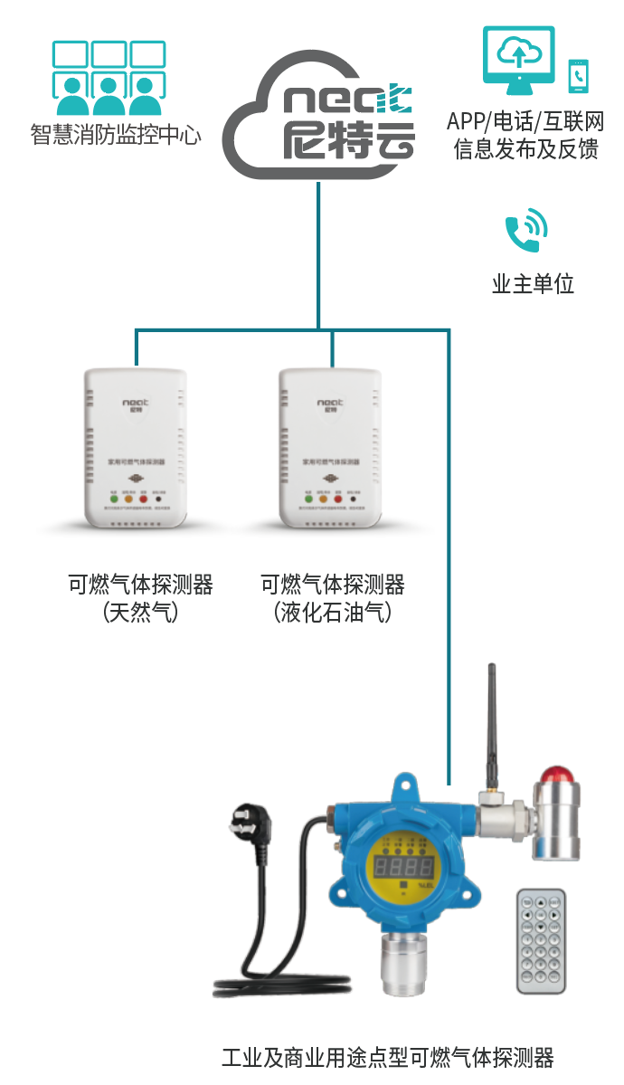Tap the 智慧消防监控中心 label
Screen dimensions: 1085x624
click(x=116, y=136)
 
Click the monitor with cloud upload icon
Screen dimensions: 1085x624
click(x=518, y=60)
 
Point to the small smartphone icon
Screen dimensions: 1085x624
click(x=577, y=76)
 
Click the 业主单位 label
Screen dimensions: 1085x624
click(x=533, y=283)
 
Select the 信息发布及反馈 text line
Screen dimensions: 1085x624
click(x=526, y=148)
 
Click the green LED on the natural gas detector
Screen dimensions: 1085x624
click(x=114, y=498)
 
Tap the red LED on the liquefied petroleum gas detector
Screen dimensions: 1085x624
click(x=338, y=498)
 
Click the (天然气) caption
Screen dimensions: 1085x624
click(x=140, y=613)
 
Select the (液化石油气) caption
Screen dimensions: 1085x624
click(x=333, y=613)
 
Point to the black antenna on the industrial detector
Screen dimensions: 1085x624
click(x=494, y=724)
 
